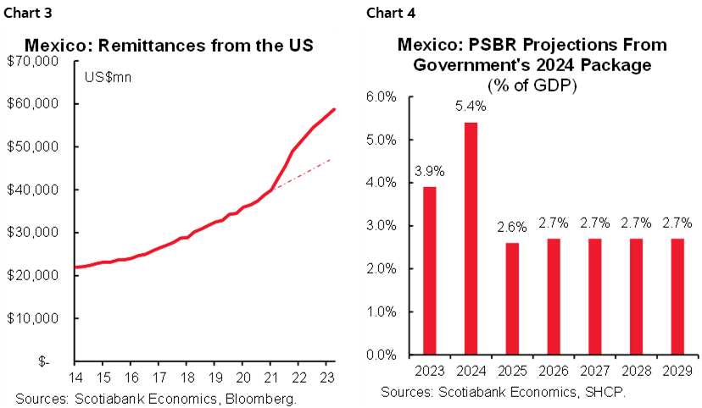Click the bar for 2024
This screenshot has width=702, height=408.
pos(470,239)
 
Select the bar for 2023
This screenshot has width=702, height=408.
pos(429,270)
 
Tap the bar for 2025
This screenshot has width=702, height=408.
pos(511,299)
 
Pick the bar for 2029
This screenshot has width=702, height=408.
pos(677,296)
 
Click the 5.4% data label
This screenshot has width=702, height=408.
pos(470,108)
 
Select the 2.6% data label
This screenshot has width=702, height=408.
pos(511,228)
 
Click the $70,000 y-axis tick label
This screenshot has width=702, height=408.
pos(32,62)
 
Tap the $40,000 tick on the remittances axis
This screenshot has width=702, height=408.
pos(32,190)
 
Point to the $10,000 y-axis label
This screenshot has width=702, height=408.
pos(32,318)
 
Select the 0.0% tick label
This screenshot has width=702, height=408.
pos(381,355)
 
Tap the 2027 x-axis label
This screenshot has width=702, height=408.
pos(593,372)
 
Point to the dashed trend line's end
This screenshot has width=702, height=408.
pos(330,159)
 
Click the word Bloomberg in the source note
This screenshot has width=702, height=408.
pos(262,395)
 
